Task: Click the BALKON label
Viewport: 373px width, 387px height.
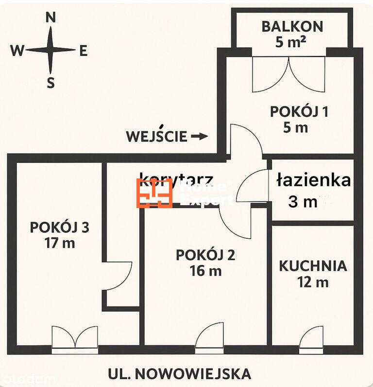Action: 292,26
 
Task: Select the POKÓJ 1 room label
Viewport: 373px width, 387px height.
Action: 299,111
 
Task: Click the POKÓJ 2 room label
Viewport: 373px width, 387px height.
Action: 205,255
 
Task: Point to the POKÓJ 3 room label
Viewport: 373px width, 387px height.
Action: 59,227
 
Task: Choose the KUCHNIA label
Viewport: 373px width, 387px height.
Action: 313,266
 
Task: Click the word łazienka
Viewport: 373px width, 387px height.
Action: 313,180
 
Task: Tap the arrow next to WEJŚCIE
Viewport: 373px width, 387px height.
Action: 199,137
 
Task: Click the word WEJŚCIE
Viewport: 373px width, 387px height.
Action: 156,136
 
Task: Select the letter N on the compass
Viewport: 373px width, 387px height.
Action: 50,18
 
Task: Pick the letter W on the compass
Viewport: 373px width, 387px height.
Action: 17,51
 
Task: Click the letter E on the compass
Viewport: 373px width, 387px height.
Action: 83,51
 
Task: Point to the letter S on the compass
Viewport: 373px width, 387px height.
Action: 51,83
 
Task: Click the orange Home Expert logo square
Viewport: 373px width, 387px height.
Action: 154,193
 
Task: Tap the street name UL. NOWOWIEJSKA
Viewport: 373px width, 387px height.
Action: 180,373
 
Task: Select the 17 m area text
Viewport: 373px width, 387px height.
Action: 59,243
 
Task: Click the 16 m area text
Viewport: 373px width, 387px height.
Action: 205,271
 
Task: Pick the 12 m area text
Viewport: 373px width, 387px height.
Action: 313,281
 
